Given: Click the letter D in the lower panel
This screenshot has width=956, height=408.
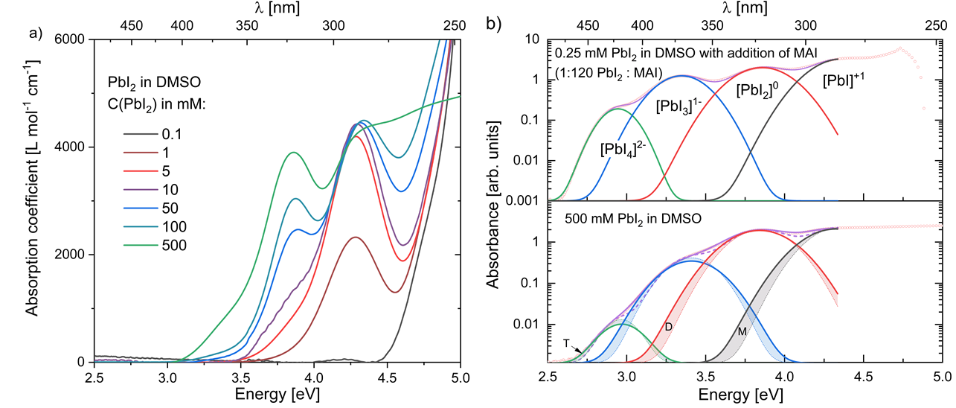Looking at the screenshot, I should pyautogui.click(x=668, y=327).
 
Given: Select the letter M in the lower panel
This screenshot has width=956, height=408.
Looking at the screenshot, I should pyautogui.click(x=741, y=330).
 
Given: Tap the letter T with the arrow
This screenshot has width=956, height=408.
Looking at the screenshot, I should pyautogui.click(x=566, y=342).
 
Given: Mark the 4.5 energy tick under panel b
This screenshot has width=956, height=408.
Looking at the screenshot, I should pyautogui.click(x=863, y=377).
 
